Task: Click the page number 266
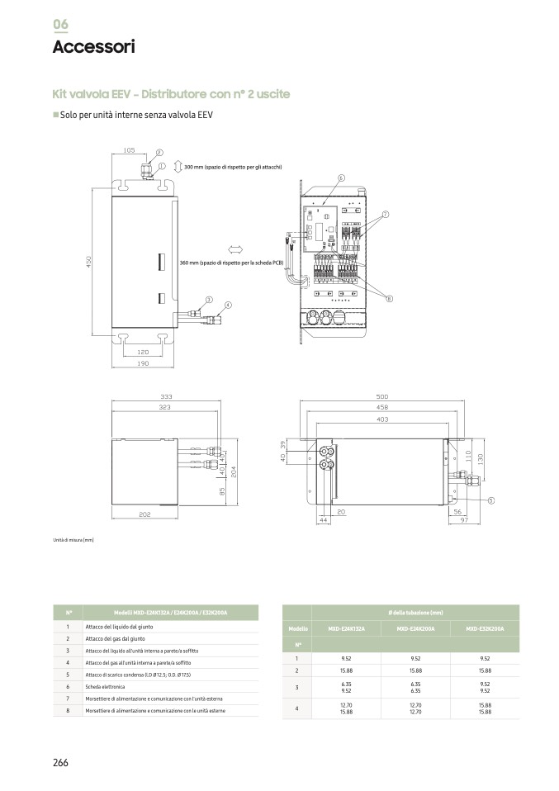click(x=60, y=762)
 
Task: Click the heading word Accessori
click(x=92, y=47)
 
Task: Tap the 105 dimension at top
click(x=129, y=151)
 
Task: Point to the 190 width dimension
click(x=142, y=364)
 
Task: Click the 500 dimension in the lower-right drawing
click(x=382, y=396)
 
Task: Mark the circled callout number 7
click(x=386, y=215)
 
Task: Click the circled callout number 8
click(x=389, y=298)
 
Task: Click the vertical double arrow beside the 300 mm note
click(x=178, y=168)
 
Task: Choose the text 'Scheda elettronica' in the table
click(x=105, y=687)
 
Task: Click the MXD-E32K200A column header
click(x=485, y=629)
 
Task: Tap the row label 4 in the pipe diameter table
click(x=297, y=708)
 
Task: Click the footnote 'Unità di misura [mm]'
click(x=73, y=541)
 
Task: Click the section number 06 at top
click(x=61, y=24)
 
